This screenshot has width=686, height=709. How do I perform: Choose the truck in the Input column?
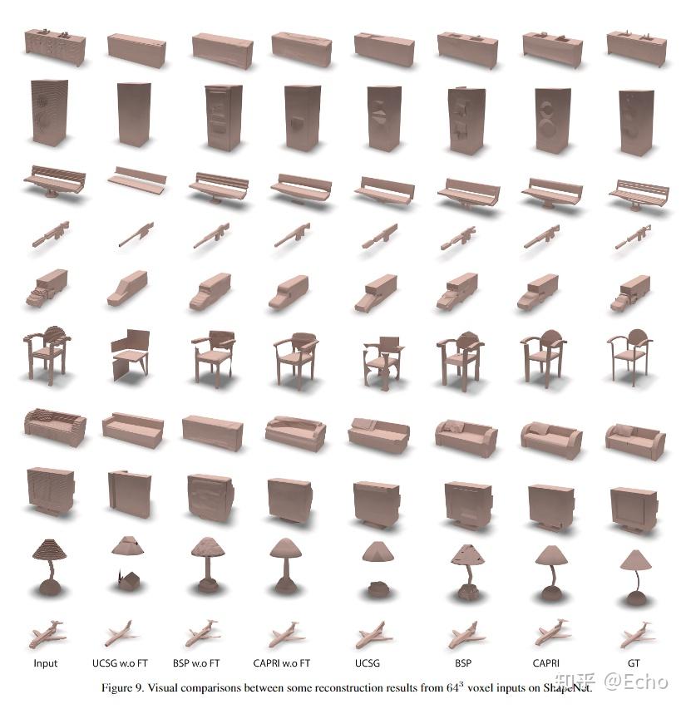[x=47, y=288]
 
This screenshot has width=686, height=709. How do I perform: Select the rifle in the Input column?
[x=51, y=234]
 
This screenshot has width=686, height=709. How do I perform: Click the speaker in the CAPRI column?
[x=552, y=120]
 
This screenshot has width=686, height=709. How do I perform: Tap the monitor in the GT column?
[x=634, y=508]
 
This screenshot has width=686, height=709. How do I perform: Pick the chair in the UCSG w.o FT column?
[x=130, y=353]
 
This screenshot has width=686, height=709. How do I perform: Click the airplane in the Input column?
[x=48, y=636]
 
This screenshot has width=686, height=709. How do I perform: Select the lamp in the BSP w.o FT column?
[x=208, y=565]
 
